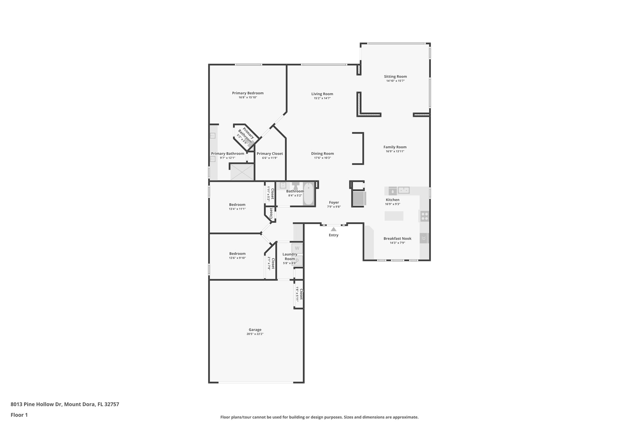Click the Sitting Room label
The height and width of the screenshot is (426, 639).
[x=395, y=76]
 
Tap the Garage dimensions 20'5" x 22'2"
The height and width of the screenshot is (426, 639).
[x=255, y=334]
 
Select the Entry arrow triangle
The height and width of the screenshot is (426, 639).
[x=334, y=229]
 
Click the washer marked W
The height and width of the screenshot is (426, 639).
[x=297, y=248]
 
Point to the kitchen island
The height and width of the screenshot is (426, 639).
[x=394, y=216]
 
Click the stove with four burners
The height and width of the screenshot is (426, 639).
[x=424, y=216]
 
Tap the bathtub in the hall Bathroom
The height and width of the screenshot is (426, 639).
[x=309, y=194]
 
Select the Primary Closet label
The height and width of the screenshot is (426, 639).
[x=270, y=154]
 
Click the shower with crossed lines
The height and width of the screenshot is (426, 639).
[x=242, y=172]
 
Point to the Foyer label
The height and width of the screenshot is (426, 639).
[x=334, y=203]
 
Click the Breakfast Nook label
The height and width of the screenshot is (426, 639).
[x=397, y=238]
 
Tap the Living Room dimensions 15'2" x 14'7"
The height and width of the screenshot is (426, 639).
[x=322, y=98]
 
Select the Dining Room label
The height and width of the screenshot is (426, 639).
[x=322, y=154]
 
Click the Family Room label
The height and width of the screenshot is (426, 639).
[x=395, y=147]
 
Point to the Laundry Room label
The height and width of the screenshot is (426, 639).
[x=290, y=256]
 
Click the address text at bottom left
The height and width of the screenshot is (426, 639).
[x=65, y=404]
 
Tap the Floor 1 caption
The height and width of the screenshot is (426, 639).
[x=19, y=415]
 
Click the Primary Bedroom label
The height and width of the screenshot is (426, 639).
[x=248, y=93]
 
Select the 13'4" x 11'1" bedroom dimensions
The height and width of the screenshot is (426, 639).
[x=237, y=209]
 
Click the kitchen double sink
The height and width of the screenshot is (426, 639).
[x=404, y=190]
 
